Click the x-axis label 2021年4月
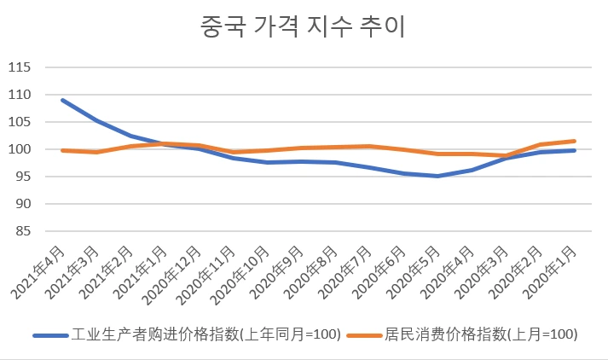pyautogui.click(x=39, y=270)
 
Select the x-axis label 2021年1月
pyautogui.click(x=142, y=270)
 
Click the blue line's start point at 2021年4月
pyautogui.click(x=62, y=100)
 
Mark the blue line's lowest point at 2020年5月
pyautogui.click(x=437, y=176)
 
